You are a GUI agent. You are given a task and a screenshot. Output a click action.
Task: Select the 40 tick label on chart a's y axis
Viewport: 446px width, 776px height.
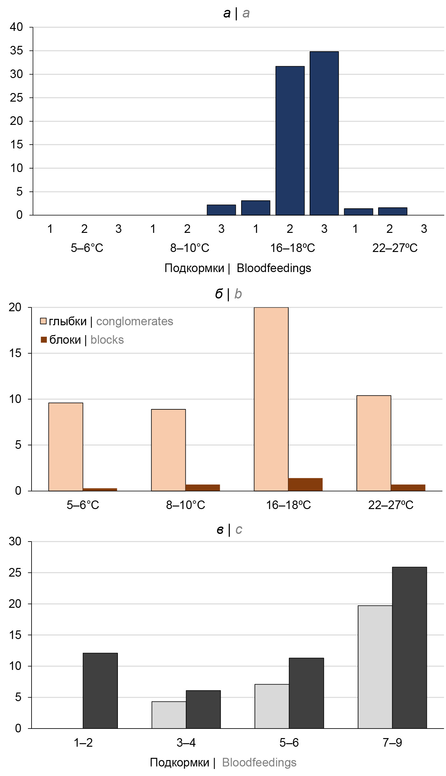point(16,27)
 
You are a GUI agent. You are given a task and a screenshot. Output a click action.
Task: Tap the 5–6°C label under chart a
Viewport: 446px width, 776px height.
point(87,248)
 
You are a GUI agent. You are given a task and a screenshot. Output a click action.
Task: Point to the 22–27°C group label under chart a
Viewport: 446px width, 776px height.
point(395,248)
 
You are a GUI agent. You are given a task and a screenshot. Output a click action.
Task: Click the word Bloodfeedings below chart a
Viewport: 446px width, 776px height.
point(274,268)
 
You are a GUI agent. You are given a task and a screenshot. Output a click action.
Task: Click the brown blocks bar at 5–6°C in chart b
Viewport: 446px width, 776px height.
point(100,490)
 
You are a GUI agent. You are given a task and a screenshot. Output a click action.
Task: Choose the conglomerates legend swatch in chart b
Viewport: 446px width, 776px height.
point(43,321)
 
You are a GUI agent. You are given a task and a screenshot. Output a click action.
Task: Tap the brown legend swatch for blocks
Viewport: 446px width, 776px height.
point(44,340)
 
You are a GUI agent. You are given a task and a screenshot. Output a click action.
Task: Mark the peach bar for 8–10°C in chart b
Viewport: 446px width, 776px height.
point(168,450)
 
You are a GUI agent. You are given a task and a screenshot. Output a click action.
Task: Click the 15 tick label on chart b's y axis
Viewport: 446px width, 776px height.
point(15,353)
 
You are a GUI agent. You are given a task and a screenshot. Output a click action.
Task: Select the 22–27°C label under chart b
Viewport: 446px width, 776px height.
point(391,505)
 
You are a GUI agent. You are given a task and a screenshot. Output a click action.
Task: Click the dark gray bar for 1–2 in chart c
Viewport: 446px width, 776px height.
point(100,691)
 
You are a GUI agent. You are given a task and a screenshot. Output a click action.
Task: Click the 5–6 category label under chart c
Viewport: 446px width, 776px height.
point(289,743)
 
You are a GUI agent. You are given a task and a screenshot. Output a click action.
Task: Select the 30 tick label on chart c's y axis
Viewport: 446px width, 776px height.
point(15,541)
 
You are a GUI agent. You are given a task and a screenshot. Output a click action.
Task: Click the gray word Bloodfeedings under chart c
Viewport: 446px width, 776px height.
point(259,762)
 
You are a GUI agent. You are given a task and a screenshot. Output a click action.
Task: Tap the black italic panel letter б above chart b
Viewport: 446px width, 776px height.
point(219,294)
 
